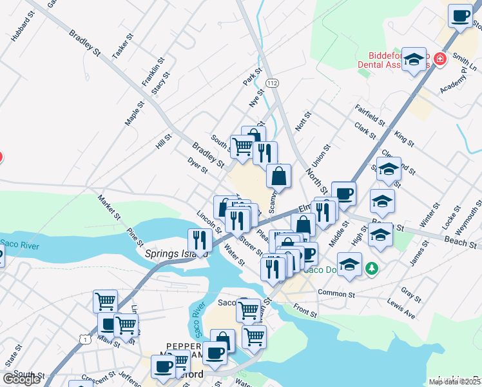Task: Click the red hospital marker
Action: point(440,59)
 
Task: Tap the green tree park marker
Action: point(371,267)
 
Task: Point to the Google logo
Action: point(22,379)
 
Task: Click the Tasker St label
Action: point(122,46)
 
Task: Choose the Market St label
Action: point(109,207)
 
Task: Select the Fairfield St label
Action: point(370,114)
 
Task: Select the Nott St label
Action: point(303,121)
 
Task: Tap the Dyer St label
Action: point(197,166)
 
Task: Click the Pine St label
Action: point(135,236)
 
